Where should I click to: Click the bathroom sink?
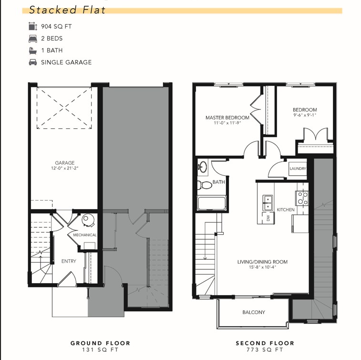click(203, 167)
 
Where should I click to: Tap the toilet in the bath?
click(205, 185)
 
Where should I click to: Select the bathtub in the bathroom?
click(212, 203)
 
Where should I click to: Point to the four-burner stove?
click(302, 198)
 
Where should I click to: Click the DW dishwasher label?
click(268, 218)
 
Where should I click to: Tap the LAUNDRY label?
click(298, 169)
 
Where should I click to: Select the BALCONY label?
click(254, 312)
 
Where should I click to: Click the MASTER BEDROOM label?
click(227, 117)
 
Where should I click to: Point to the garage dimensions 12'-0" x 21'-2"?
click(65, 168)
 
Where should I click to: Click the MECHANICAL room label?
click(85, 235)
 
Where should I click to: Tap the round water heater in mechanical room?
click(87, 220)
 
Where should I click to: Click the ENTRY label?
click(69, 261)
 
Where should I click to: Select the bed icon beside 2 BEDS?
click(33, 39)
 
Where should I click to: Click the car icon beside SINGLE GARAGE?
click(33, 62)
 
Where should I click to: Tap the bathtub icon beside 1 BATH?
click(33, 51)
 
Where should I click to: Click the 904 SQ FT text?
click(56, 27)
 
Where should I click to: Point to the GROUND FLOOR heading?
click(100, 343)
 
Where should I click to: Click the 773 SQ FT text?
click(265, 349)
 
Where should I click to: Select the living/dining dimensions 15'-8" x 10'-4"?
click(262, 267)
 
